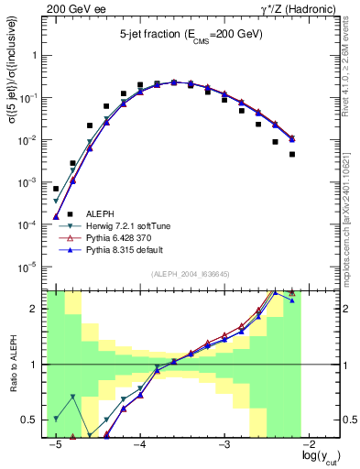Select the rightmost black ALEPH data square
coord(292,154)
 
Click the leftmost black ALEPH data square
coord(56,189)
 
